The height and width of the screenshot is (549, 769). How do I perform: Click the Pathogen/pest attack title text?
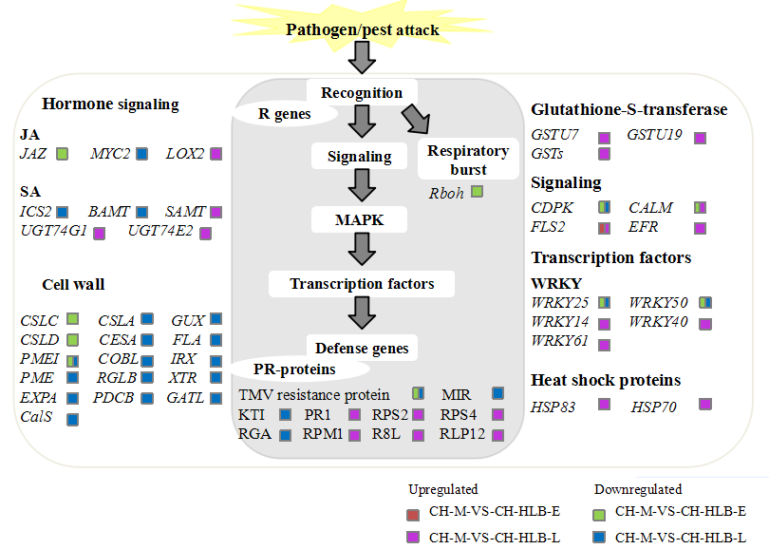point(363,30)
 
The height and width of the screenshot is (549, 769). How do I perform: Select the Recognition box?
point(362,92)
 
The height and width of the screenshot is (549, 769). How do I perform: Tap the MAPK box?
point(360,219)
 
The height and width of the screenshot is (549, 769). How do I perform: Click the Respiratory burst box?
point(468,160)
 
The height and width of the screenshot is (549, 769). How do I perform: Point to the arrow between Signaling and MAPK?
point(362,185)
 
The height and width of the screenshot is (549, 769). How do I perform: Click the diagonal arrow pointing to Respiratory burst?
point(417,119)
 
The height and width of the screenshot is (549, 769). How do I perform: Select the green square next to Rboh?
point(477,191)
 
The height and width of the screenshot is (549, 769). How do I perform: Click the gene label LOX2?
point(185,154)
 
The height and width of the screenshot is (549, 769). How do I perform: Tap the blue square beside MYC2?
point(141,154)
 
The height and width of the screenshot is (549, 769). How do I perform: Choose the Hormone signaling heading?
point(110,104)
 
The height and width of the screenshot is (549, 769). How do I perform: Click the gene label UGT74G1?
point(53,231)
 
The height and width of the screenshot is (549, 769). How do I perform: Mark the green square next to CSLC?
point(72,319)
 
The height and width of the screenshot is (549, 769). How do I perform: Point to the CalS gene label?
point(36,417)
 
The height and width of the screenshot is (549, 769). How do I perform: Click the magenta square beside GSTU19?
point(701,138)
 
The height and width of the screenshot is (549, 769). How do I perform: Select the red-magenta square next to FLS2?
point(604,228)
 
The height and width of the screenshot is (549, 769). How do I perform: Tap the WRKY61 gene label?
point(559,340)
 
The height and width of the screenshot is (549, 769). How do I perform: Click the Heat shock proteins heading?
point(606,380)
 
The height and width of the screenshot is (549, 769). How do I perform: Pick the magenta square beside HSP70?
point(705,405)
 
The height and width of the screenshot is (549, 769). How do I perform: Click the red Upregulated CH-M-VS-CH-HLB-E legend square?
point(413,515)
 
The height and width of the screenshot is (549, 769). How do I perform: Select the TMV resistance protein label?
point(314,395)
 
